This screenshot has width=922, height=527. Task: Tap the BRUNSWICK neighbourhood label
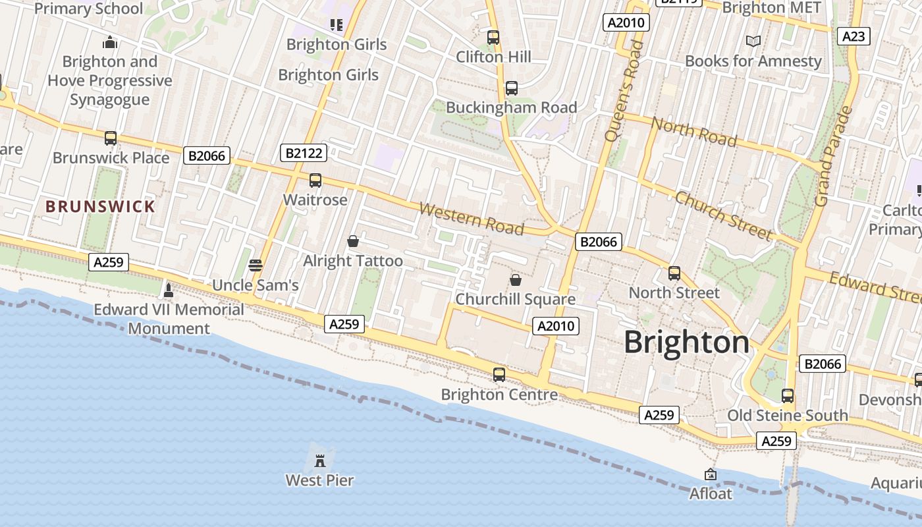point(101,206)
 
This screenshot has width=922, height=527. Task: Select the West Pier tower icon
point(320,460)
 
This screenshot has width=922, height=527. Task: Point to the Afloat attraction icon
point(710,474)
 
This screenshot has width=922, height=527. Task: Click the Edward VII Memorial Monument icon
point(169,290)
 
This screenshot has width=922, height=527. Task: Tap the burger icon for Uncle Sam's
point(256,265)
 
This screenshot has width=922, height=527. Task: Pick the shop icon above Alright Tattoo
point(353,241)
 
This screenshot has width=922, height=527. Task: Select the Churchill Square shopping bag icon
point(516,280)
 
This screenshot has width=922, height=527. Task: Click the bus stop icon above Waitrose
point(315,180)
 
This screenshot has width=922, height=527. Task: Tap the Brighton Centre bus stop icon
point(499,375)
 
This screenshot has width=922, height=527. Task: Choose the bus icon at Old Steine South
point(788,396)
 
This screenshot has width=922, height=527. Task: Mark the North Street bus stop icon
point(674,273)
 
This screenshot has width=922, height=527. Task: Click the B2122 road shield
point(304,153)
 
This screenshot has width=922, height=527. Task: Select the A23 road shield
point(854,36)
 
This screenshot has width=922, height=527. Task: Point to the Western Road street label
point(472,219)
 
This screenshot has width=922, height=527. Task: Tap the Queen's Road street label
point(622,91)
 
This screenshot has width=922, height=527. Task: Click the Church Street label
point(723,215)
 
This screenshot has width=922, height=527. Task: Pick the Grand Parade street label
point(832,156)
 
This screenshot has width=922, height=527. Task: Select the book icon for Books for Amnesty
point(753,42)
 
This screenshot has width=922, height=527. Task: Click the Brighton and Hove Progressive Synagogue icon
point(110,43)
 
